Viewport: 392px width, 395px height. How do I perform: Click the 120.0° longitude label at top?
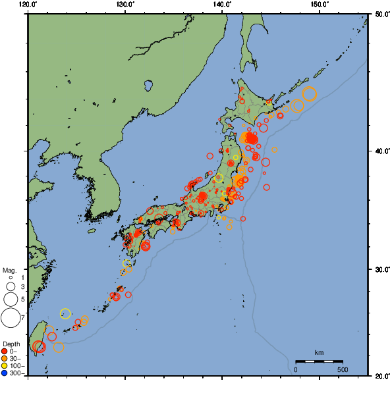(28, 4)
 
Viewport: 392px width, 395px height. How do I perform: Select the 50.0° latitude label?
(381, 14)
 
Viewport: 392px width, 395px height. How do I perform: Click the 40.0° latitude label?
(381, 151)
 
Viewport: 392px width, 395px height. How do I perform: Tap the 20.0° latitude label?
(381, 376)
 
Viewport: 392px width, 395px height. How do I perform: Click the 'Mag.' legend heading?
(9, 270)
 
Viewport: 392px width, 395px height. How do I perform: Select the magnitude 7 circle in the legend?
(10, 318)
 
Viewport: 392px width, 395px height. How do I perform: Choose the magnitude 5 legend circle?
(10, 300)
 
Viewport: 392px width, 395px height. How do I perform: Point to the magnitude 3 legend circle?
(10, 287)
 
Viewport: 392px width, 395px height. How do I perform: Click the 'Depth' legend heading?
(11, 344)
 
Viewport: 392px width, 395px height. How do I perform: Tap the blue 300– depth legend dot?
(5, 373)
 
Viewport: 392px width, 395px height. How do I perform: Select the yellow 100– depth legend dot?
(5, 365)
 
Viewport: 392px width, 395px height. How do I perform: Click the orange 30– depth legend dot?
(5, 358)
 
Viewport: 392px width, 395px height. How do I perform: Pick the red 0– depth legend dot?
(5, 351)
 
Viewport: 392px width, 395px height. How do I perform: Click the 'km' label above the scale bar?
(319, 353)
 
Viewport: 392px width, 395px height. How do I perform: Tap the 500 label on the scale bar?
(343, 369)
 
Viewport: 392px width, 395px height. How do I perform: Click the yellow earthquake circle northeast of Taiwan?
(65, 313)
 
